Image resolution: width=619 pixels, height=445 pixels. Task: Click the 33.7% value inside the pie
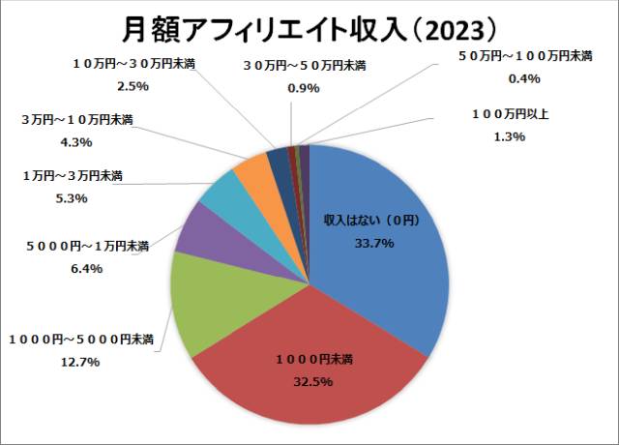tap(374, 243)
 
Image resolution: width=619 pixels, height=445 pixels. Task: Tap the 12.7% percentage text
tap(81, 362)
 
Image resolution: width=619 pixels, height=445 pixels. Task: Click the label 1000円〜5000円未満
tap(81, 339)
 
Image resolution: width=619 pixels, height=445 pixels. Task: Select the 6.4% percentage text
tap(86, 269)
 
